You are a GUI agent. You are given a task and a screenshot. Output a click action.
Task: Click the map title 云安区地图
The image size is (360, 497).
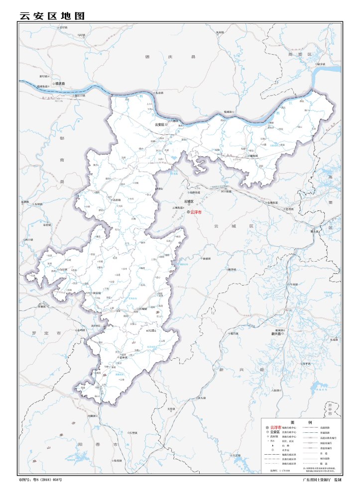[52, 15]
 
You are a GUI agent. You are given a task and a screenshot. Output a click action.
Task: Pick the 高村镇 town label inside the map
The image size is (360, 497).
[116, 200]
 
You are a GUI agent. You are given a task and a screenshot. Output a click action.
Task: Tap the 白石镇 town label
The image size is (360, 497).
[63, 269]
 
